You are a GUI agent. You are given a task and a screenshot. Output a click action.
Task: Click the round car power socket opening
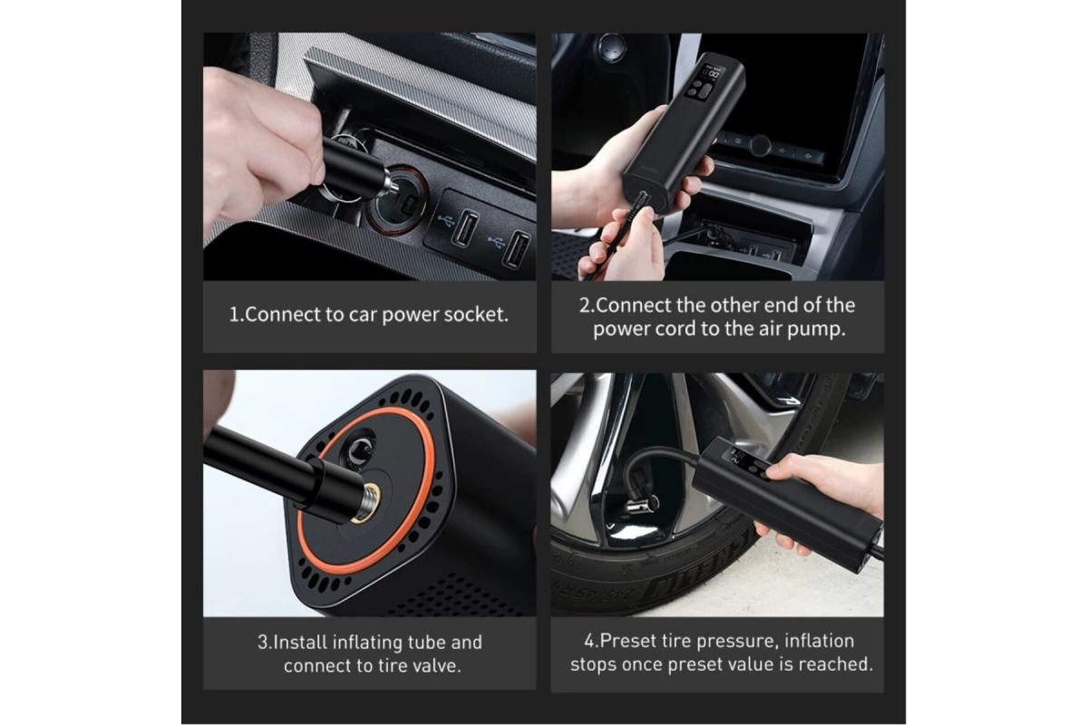point(397,200)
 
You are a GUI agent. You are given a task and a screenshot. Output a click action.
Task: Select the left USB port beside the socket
point(465,227)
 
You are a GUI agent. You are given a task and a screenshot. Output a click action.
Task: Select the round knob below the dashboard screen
point(760,145)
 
